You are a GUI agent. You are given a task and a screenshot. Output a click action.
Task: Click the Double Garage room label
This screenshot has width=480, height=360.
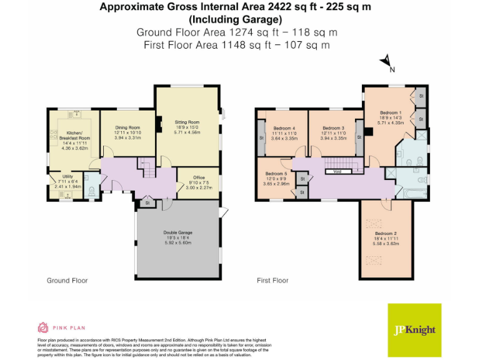(178, 232)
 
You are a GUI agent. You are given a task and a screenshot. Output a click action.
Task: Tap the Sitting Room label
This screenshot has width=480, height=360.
(186, 122)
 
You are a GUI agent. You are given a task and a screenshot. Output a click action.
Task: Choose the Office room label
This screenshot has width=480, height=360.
(199, 177)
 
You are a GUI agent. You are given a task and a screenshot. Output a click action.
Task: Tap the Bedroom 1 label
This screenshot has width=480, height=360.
(391, 112)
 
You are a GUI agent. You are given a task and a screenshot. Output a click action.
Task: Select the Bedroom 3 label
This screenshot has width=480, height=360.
(334, 128)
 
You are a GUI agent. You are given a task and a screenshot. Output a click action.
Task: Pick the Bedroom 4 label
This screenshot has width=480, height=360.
(283, 128)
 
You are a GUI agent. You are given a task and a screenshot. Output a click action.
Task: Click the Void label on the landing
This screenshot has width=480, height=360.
(337, 171)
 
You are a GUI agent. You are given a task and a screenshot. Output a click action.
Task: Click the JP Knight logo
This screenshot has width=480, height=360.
(414, 330)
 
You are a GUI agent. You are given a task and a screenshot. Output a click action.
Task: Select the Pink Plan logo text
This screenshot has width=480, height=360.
(69, 327)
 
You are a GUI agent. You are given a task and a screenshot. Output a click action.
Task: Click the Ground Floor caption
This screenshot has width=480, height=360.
(67, 281)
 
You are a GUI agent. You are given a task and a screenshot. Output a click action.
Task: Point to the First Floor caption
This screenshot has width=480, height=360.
(272, 281)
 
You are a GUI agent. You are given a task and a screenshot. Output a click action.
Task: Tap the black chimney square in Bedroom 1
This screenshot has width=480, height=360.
(369, 131)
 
